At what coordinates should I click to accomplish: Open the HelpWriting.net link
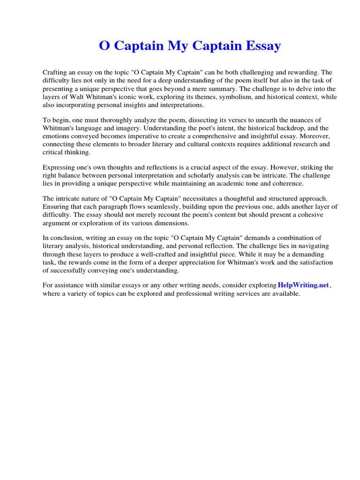[x=303, y=285]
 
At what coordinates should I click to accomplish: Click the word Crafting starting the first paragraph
[x=55, y=73]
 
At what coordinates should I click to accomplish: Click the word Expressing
[x=60, y=167]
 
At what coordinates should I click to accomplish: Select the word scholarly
[x=200, y=175]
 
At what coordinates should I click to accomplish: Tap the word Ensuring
[x=56, y=207]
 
